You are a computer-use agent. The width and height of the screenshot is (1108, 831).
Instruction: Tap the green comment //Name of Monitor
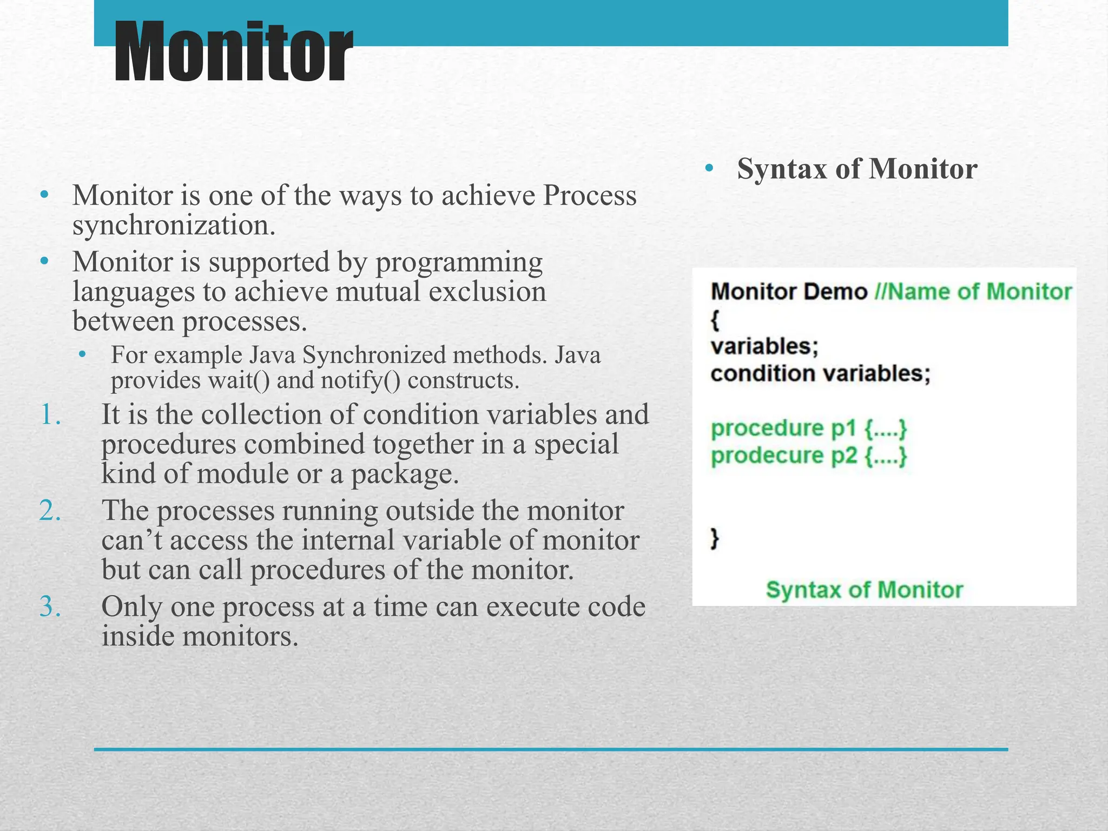pos(973,292)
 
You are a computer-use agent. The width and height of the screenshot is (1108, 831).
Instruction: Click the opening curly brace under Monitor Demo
pos(715,320)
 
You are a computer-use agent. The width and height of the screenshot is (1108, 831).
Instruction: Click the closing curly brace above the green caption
pos(715,538)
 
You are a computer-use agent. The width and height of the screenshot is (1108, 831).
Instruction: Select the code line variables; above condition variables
pos(764,346)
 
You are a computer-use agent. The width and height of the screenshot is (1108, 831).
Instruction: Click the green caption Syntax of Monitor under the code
pos(864,590)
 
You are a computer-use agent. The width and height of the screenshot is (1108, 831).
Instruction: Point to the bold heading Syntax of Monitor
pos(857,169)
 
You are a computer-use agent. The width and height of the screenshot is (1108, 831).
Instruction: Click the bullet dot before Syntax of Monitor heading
pos(709,169)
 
